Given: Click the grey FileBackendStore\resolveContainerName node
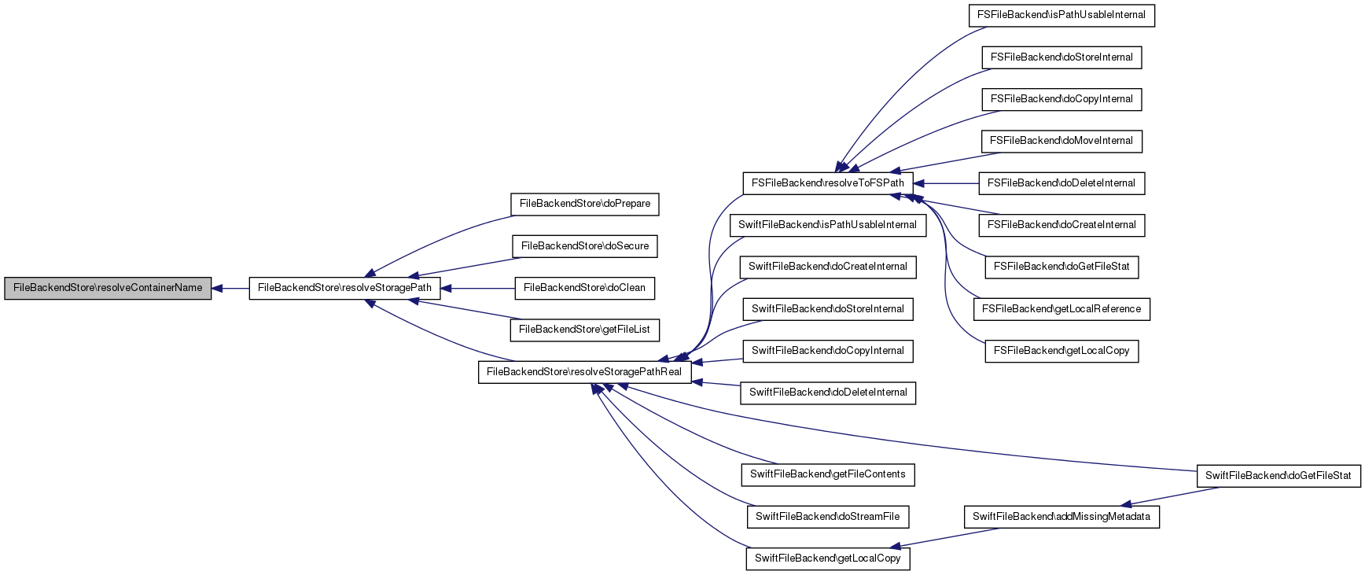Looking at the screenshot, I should click(x=108, y=288).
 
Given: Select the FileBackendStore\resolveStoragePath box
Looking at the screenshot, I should click(x=344, y=288).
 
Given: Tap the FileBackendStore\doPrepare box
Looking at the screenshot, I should click(x=584, y=204).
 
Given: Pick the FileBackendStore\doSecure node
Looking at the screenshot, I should click(x=584, y=246).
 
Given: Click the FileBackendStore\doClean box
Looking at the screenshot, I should click(x=584, y=288).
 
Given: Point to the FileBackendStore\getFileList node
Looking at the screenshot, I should click(x=584, y=330).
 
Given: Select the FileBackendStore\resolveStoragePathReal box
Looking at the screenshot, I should click(x=584, y=372).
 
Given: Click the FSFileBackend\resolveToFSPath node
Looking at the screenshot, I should click(x=827, y=183).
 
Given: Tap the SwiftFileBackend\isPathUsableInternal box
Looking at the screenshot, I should click(x=827, y=225).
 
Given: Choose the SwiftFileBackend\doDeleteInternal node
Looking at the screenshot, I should click(x=827, y=393).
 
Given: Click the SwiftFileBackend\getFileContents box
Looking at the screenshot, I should click(x=827, y=474).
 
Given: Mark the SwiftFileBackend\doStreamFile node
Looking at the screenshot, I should click(x=827, y=517).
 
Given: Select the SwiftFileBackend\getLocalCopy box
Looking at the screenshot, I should click(x=827, y=558).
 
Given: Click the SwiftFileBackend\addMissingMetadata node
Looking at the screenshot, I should click(x=1061, y=517).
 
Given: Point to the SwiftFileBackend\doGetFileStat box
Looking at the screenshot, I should click(x=1278, y=476).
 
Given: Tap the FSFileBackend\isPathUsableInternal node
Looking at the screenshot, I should click(x=1061, y=15).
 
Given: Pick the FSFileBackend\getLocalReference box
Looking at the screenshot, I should click(x=1061, y=309).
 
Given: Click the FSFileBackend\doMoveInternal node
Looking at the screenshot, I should click(x=1061, y=141).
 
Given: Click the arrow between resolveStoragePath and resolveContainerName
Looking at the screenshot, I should click(x=230, y=289).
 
